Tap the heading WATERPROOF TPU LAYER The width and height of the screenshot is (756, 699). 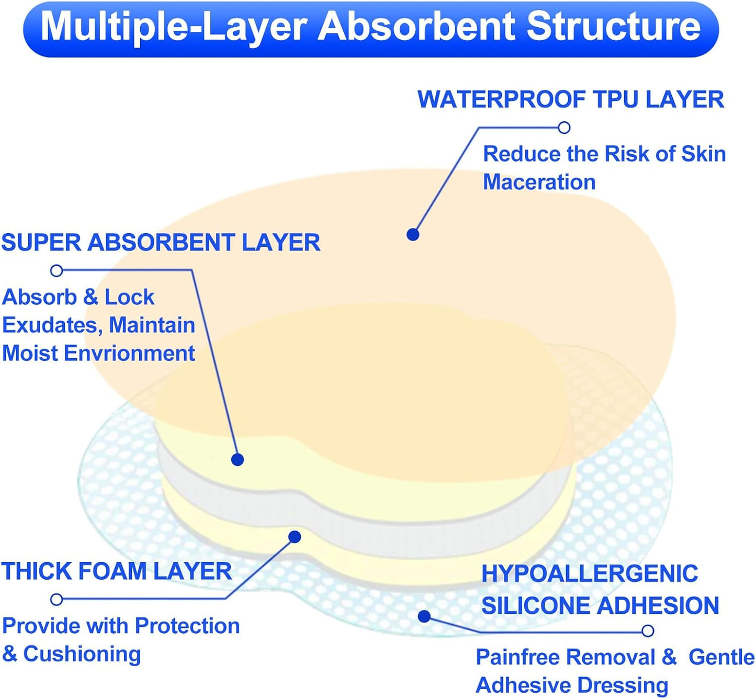[570, 99]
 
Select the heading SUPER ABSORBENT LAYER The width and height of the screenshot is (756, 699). [161, 243]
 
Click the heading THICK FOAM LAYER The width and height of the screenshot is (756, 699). [116, 571]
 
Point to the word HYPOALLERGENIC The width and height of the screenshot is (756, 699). [589, 574]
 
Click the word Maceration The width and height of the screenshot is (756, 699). [539, 182]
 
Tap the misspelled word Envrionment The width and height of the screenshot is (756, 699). [129, 353]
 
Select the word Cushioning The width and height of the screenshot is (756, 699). [82, 654]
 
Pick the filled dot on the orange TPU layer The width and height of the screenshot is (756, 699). [413, 234]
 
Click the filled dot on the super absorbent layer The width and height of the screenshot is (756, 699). [238, 460]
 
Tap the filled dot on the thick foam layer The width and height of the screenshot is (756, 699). [295, 537]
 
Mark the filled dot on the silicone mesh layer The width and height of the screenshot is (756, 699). [424, 616]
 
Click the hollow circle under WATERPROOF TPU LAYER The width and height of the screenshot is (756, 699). [564, 128]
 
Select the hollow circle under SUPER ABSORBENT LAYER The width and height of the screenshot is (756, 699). [57, 270]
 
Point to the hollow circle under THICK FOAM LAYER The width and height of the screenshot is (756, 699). [57, 599]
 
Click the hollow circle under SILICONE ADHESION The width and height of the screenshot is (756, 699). [648, 631]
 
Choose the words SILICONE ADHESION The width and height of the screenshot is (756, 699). [600, 606]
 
